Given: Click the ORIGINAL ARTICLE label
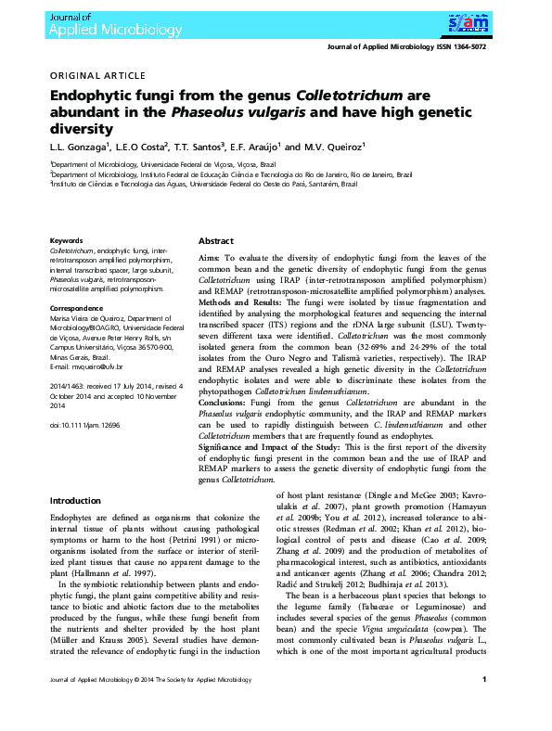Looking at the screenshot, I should (96, 75).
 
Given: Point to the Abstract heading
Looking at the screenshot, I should (215, 240).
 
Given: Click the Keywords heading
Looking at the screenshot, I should (66, 240).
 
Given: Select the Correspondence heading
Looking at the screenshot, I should (77, 307).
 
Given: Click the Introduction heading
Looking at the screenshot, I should (75, 501).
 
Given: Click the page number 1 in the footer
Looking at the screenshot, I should (484, 707).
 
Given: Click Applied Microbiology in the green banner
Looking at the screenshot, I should (103, 29).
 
